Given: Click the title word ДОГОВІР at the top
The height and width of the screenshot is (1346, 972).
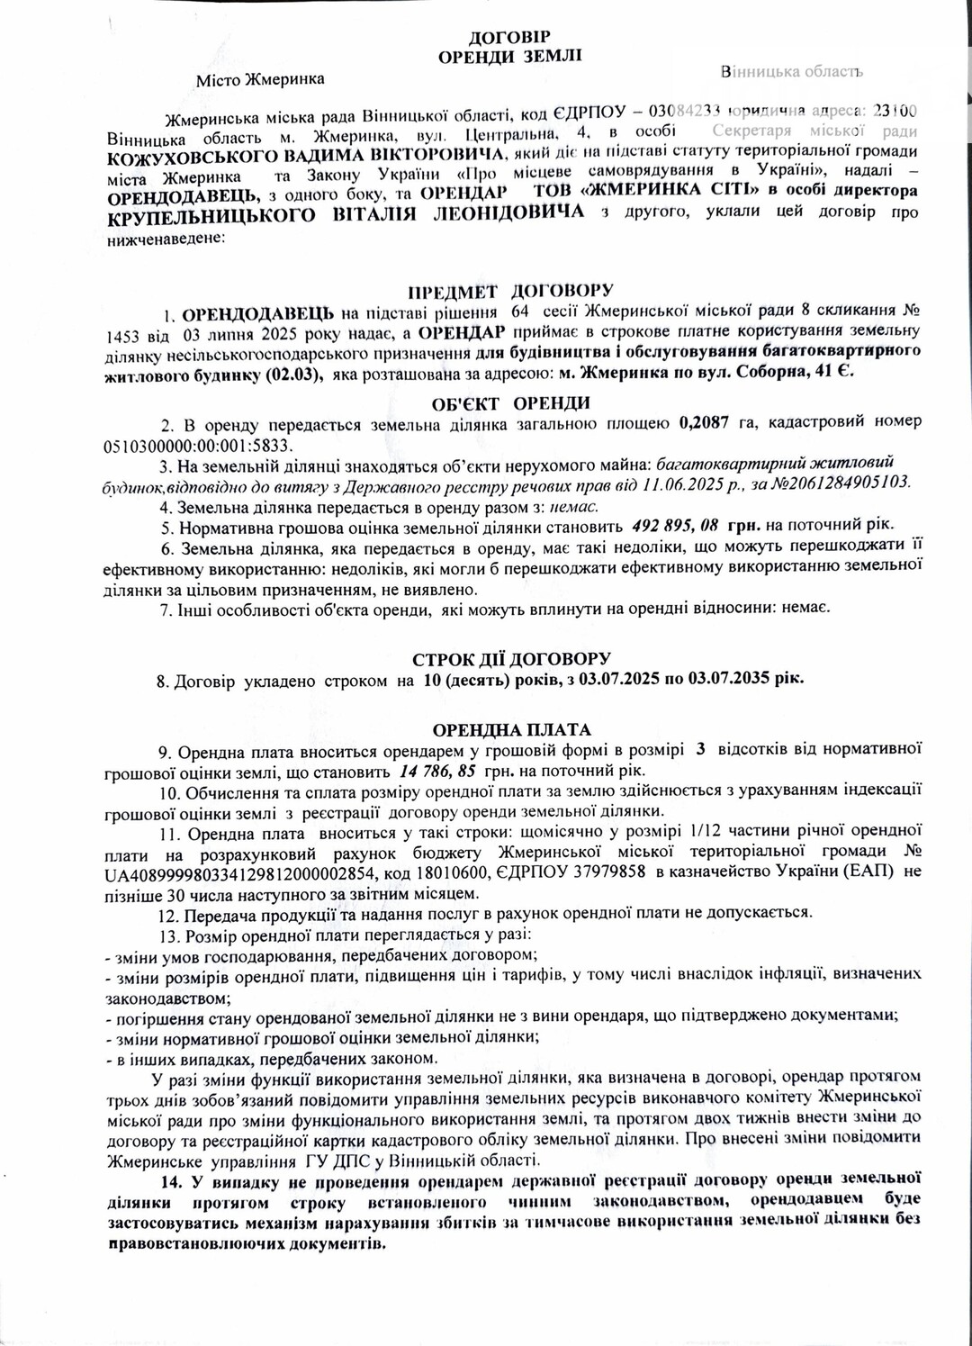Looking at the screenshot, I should (508, 37).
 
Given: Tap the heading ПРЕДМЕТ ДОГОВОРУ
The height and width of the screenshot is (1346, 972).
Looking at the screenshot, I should (510, 291).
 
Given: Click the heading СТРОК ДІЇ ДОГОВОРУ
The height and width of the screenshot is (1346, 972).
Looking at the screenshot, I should (511, 659).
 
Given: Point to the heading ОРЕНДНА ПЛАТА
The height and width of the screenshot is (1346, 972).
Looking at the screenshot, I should (511, 728).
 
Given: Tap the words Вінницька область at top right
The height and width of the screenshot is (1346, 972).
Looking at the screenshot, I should (792, 71).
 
